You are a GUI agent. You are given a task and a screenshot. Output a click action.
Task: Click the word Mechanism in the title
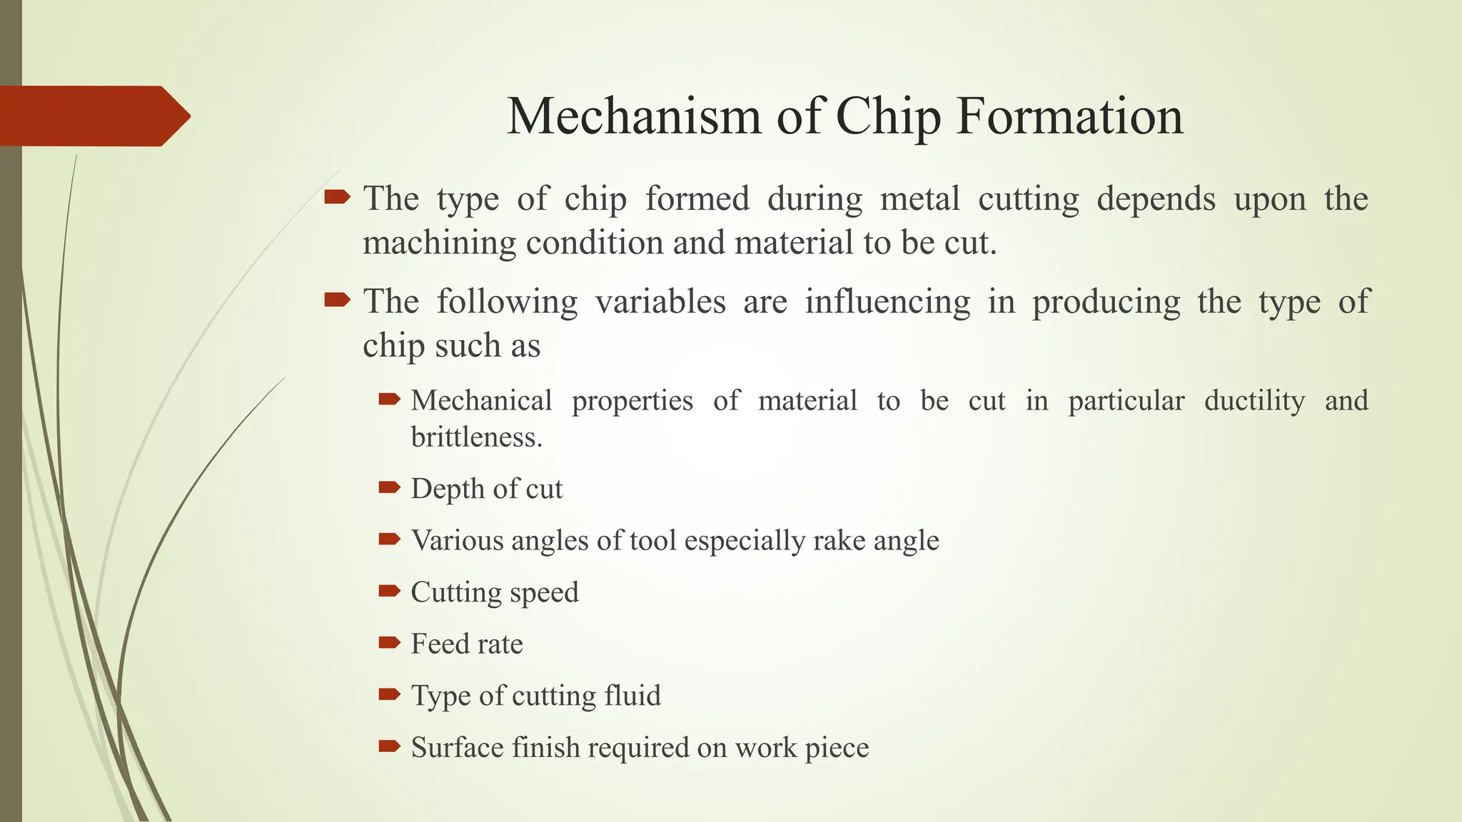[x=634, y=116]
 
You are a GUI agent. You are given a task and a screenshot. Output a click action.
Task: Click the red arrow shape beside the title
[x=93, y=116]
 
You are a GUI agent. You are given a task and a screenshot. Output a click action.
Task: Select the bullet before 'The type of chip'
[x=337, y=196]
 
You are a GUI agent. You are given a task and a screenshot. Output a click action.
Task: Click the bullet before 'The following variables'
[x=337, y=299]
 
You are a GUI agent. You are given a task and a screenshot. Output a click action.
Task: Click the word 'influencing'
[x=887, y=301]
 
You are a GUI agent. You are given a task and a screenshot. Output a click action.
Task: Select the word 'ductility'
[x=1254, y=400]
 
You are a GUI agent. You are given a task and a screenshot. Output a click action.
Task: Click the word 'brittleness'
[x=474, y=437]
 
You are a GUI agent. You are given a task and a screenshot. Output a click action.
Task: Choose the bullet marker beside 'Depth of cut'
[x=389, y=487]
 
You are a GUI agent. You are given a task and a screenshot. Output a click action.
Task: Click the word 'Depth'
[x=447, y=489]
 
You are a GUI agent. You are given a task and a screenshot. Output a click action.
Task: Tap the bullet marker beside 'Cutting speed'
[x=389, y=590]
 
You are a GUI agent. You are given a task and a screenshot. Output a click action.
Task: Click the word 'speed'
[x=544, y=593]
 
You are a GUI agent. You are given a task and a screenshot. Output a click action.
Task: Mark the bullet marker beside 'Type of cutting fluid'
[x=389, y=694]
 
